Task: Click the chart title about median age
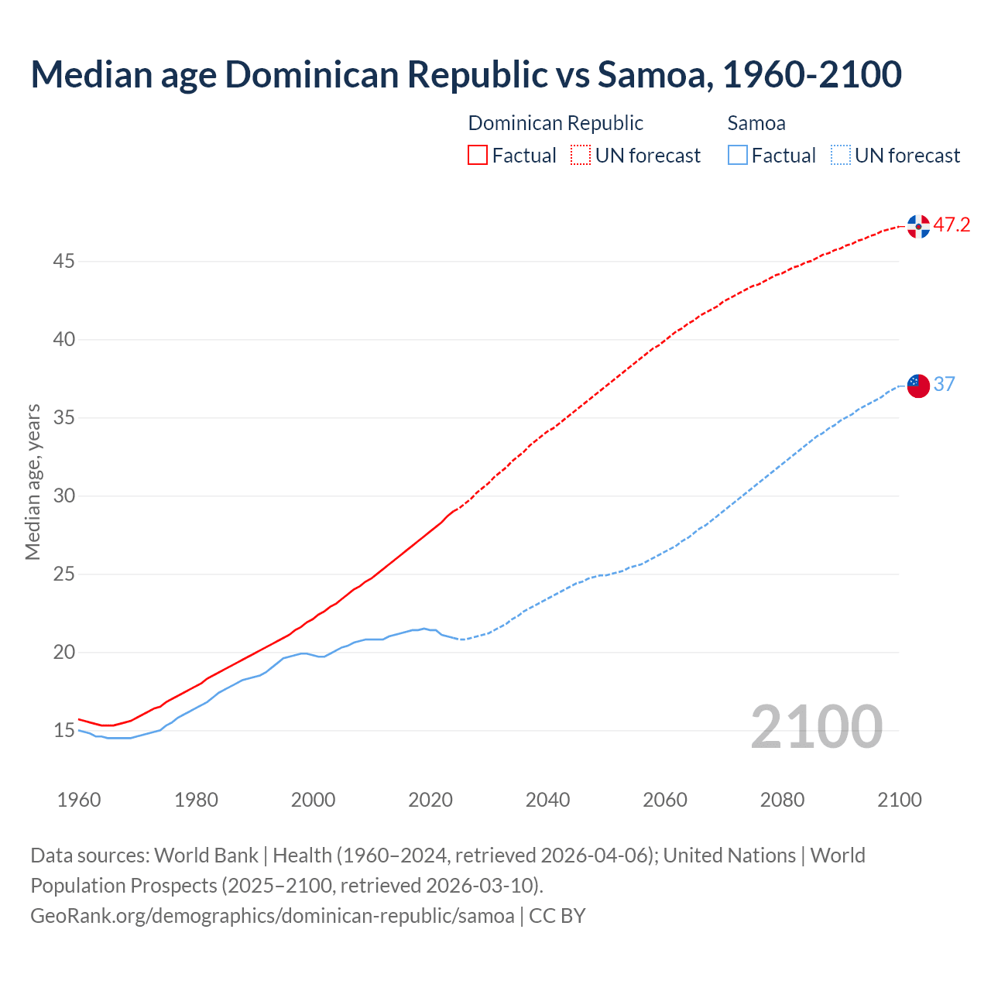[466, 74]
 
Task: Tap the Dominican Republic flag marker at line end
[918, 226]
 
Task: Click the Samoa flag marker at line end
[918, 385]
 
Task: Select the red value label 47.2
[952, 225]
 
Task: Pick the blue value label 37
[944, 384]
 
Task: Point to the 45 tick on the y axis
[63, 262]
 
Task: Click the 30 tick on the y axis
[63, 495]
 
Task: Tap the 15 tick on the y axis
[63, 730]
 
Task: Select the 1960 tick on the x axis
[79, 800]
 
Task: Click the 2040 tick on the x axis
[547, 800]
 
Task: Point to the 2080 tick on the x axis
[782, 800]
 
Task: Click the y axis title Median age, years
[33, 482]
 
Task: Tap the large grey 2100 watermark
[816, 727]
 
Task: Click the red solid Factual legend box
[478, 156]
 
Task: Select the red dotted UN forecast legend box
[581, 156]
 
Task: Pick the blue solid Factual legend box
[738, 156]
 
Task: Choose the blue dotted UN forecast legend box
[841, 156]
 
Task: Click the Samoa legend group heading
[756, 123]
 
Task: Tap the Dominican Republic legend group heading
[555, 123]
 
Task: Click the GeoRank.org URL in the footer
[272, 916]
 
